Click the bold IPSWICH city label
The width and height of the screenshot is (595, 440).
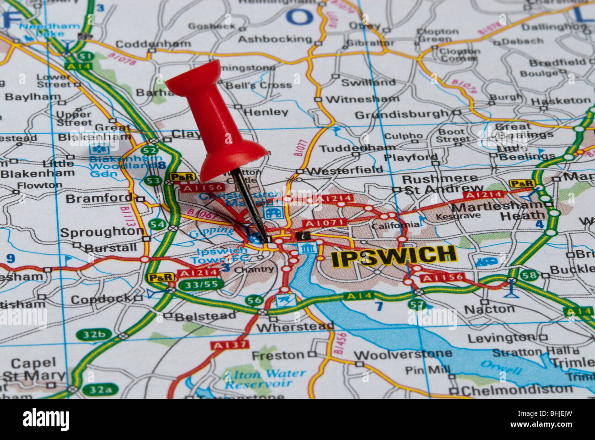[394, 256]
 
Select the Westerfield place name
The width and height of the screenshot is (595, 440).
[344, 170]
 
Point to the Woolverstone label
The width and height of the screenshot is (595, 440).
[403, 355]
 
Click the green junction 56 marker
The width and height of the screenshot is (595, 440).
[254, 301]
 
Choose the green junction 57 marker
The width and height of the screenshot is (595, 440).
[416, 304]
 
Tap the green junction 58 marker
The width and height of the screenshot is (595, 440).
[529, 275]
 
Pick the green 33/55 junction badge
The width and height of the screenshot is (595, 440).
[201, 285]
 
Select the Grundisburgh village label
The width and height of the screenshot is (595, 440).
[402, 114]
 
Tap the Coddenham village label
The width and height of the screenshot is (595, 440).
[153, 44]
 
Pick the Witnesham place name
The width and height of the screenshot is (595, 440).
[362, 99]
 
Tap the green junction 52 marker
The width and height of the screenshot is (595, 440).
[149, 150]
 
